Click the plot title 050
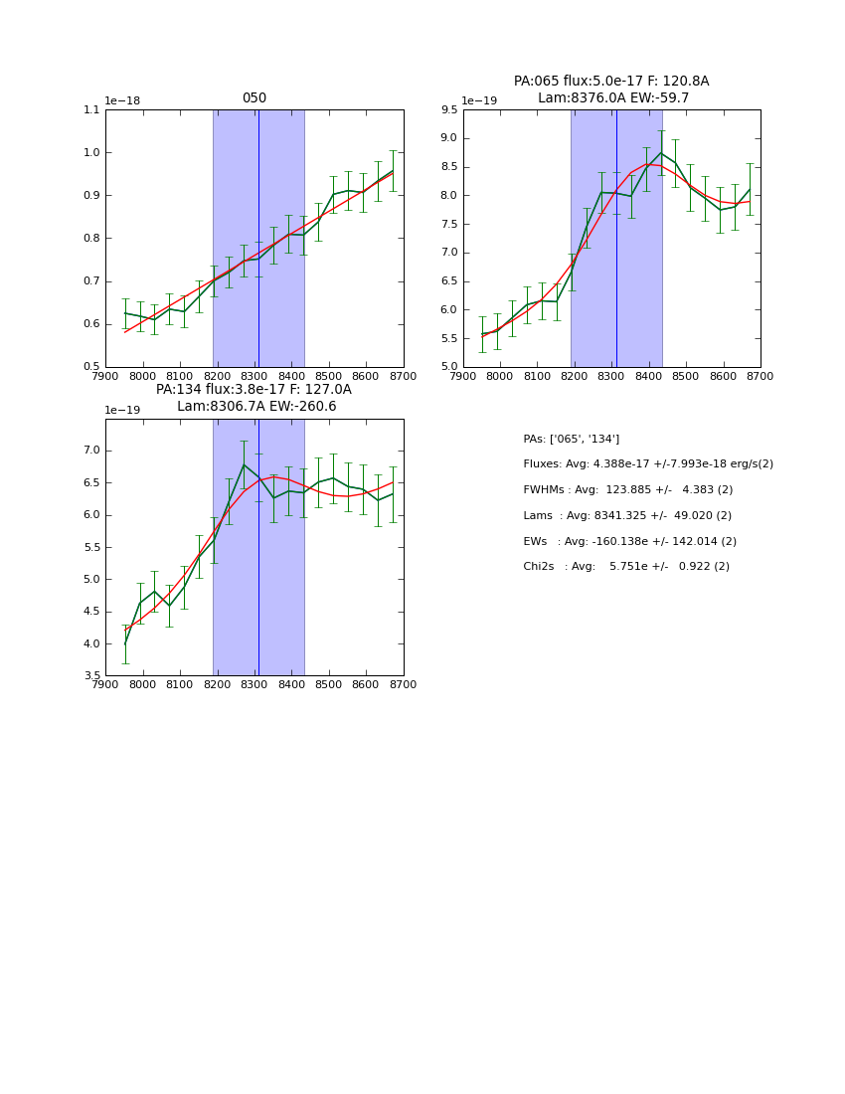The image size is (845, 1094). (254, 98)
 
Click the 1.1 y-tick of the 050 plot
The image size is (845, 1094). (90, 110)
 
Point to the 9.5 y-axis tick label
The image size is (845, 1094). (447, 110)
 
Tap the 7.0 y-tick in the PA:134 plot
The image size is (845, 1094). (90, 451)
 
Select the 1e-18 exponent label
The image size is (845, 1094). (122, 100)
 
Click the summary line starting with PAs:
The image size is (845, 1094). (571, 439)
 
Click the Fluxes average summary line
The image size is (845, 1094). (647, 464)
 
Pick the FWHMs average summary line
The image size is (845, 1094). (627, 490)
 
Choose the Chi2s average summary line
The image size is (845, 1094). (626, 567)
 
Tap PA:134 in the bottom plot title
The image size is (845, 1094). (178, 390)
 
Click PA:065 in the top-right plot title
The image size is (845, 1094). (536, 82)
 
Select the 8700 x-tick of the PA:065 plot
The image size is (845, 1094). (760, 376)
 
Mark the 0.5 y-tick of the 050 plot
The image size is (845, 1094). (90, 367)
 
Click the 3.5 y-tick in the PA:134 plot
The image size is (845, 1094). (90, 676)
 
